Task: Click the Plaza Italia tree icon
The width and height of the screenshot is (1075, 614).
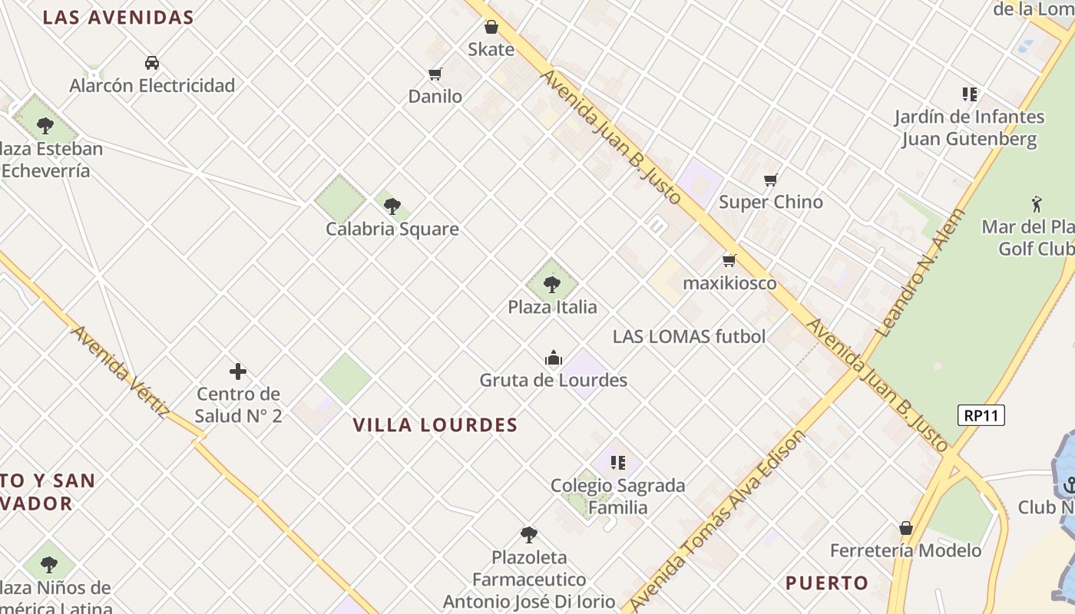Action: click(x=551, y=286)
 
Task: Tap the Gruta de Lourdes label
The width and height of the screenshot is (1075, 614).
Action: click(x=553, y=380)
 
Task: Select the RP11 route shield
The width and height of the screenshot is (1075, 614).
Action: click(x=981, y=415)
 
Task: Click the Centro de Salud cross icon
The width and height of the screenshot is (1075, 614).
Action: click(x=238, y=372)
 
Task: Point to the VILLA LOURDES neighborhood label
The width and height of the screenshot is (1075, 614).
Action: click(x=435, y=425)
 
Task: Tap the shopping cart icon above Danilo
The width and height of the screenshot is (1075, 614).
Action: click(x=435, y=74)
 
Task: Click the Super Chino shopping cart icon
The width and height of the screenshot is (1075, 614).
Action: click(x=771, y=180)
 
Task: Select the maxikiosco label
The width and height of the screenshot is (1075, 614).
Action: click(x=729, y=283)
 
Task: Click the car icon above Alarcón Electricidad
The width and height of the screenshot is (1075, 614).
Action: click(x=152, y=63)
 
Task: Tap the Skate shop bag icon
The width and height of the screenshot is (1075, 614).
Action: click(x=491, y=27)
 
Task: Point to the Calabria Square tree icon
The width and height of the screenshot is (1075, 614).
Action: click(x=392, y=206)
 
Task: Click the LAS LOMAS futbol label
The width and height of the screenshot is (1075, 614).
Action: click(x=689, y=336)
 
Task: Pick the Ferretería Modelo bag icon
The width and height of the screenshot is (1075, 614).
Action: click(x=906, y=528)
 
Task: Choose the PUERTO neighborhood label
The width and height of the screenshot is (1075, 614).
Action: click(x=827, y=583)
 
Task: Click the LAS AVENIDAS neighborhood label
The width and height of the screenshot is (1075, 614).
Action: click(x=118, y=18)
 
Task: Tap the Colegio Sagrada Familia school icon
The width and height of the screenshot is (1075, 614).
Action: click(x=618, y=463)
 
